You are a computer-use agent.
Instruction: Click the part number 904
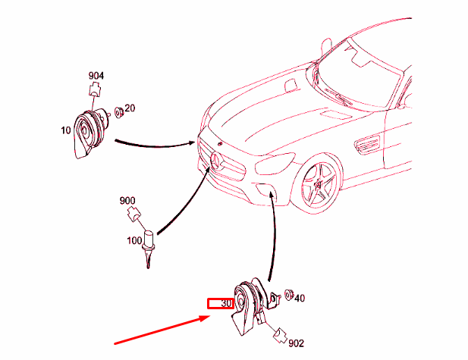96,76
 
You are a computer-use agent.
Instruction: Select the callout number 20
130,108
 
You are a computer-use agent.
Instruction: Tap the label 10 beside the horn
66,130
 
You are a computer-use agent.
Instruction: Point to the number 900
127,200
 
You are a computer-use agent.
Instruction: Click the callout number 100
134,240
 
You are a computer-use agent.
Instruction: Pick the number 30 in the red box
226,304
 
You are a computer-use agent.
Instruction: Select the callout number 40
300,298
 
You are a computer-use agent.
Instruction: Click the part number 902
296,343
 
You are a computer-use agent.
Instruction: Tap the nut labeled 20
119,112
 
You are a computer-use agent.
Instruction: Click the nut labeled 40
289,295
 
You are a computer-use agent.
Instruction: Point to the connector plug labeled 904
95,89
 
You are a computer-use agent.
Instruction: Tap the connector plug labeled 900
134,214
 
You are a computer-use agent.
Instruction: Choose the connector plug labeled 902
280,335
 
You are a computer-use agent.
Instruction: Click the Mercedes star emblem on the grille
218,161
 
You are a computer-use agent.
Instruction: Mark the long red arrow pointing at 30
162,330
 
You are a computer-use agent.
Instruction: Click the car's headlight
275,164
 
